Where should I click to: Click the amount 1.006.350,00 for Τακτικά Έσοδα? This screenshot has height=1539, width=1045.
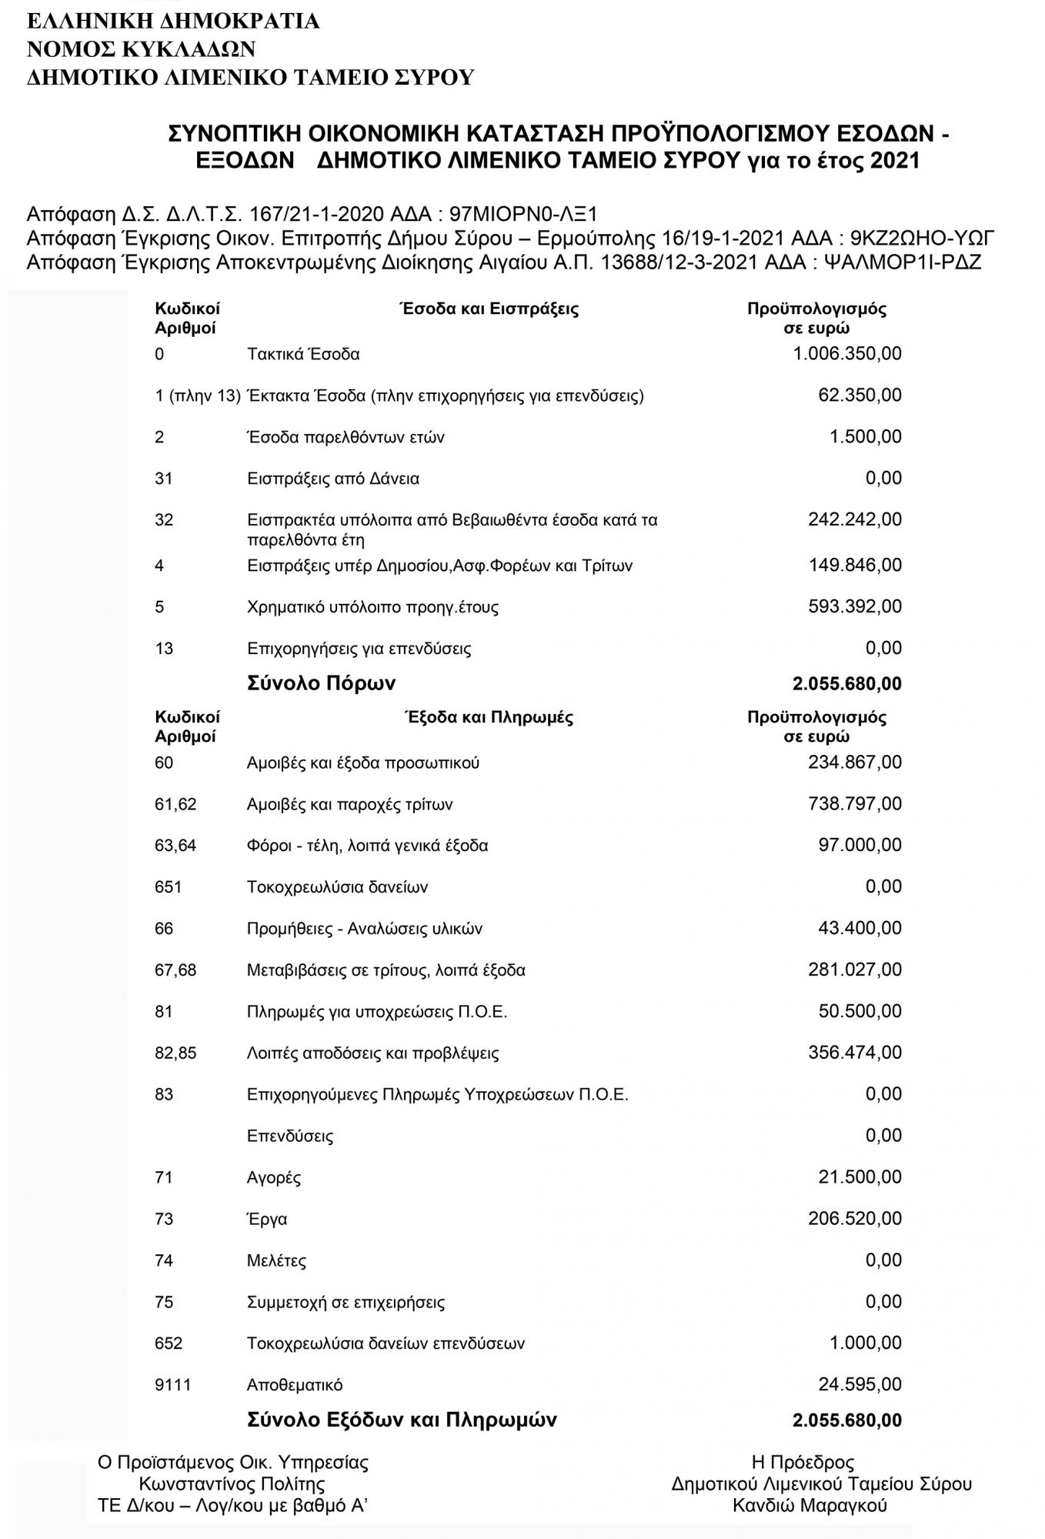click(x=846, y=354)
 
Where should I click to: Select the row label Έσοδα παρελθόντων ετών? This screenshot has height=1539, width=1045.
click(x=346, y=438)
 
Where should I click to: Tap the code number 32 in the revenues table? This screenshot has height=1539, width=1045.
click(x=164, y=520)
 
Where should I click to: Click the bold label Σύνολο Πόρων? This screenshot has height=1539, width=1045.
click(x=321, y=683)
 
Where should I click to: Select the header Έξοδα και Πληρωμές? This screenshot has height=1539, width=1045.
click(x=489, y=718)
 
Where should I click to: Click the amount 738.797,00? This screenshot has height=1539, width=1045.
click(x=854, y=804)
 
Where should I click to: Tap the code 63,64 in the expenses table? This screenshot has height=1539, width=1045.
click(x=175, y=846)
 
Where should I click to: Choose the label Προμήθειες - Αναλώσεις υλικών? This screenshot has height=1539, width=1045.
click(x=365, y=929)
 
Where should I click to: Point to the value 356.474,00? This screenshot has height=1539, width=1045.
click(x=854, y=1053)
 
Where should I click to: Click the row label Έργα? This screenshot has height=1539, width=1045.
click(x=267, y=1220)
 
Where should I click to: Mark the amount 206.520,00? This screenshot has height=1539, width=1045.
click(x=854, y=1219)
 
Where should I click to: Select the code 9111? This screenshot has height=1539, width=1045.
click(x=172, y=1385)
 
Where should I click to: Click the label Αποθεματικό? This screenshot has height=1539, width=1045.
click(x=295, y=1385)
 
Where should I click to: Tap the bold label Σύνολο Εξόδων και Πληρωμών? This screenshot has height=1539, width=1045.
click(x=401, y=1420)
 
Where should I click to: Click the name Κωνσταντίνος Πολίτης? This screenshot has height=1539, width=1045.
click(x=232, y=1484)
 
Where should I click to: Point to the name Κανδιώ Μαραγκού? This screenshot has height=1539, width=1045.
click(x=810, y=1506)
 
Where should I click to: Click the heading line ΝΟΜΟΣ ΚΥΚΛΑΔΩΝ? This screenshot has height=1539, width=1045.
click(x=141, y=49)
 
